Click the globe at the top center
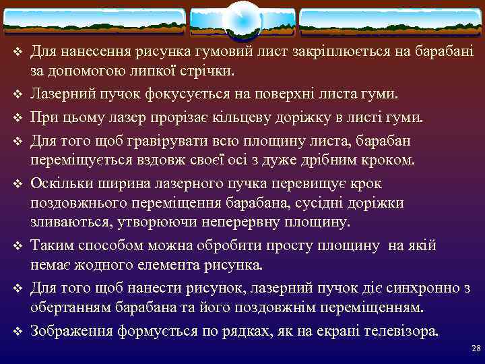pyautogui.click(x=241, y=20)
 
